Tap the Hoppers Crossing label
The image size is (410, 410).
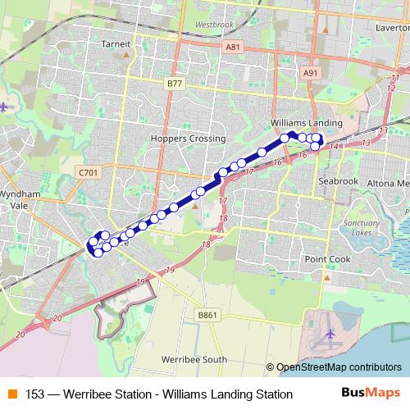coord(182,139)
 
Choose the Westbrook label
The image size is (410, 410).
coord(215,25)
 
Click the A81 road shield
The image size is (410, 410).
coord(233,48)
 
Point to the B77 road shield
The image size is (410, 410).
coord(173,84)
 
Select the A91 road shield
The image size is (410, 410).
coord(309,73)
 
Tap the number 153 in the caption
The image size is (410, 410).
coord(35,394)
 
